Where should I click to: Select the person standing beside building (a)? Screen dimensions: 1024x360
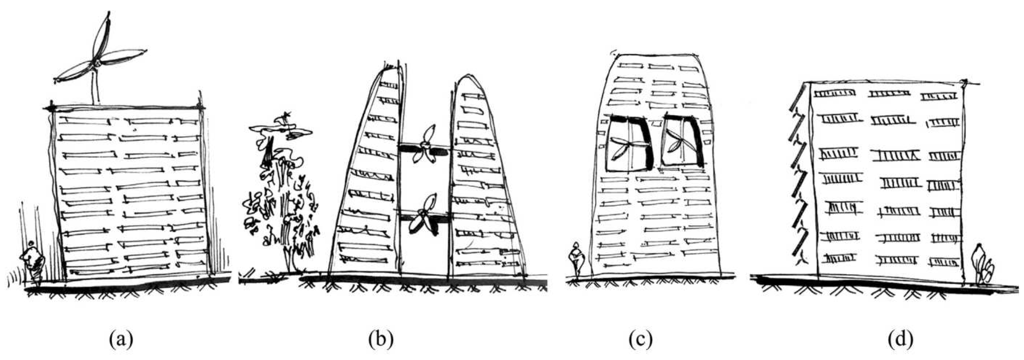pos(33,260)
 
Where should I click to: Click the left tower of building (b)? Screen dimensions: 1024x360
pos(370,179)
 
